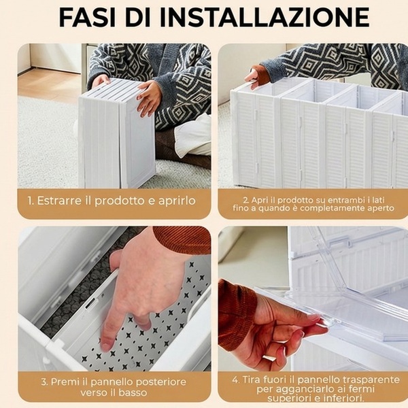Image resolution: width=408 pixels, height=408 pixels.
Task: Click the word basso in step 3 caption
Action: (133, 392)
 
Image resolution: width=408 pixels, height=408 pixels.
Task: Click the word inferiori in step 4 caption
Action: (343, 398)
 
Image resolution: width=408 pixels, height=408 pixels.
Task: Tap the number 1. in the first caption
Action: (31, 201)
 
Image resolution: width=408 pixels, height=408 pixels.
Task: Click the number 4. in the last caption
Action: (236, 379)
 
